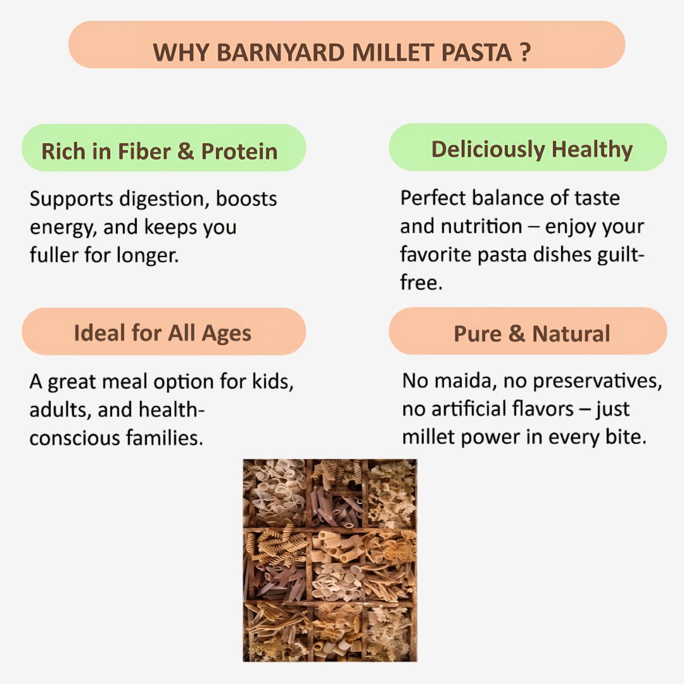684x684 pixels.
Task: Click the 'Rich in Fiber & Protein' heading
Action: [x=160, y=151]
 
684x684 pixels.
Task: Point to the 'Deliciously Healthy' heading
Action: [x=532, y=149]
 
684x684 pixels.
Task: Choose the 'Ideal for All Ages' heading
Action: [x=163, y=332]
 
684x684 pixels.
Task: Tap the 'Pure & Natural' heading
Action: [x=532, y=333]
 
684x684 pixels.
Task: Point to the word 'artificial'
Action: [x=478, y=409]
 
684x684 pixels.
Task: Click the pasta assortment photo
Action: [x=330, y=560]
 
